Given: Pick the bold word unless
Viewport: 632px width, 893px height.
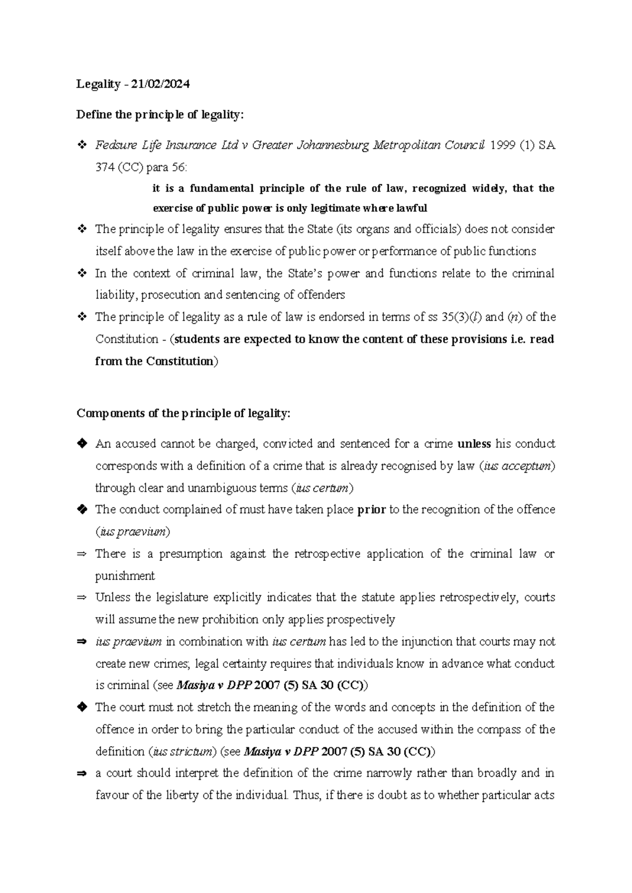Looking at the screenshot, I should [x=474, y=444].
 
